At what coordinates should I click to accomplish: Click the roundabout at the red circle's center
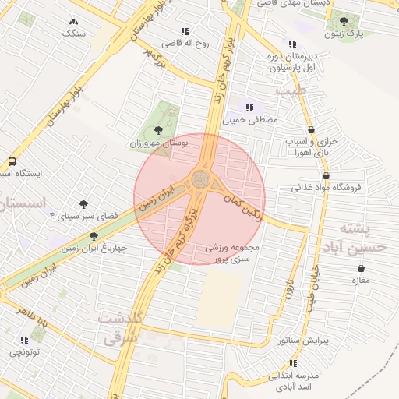(x=200, y=181)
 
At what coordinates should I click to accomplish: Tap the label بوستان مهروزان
(x=157, y=144)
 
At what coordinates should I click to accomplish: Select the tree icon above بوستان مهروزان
(x=159, y=130)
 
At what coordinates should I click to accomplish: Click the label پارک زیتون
(x=344, y=35)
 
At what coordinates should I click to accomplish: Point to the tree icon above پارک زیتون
(x=344, y=21)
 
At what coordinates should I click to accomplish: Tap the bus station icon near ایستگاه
(x=11, y=161)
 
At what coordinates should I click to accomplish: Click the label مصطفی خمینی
(x=250, y=121)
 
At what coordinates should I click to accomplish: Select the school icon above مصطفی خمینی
(x=249, y=108)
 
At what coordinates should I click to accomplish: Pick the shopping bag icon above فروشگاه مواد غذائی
(x=312, y=174)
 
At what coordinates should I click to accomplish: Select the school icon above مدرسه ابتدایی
(x=293, y=363)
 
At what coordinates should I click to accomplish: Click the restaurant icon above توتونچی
(x=24, y=340)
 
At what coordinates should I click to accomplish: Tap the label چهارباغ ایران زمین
(x=94, y=249)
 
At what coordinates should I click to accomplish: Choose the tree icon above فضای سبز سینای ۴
(x=83, y=203)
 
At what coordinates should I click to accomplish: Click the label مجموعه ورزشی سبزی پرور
(x=232, y=252)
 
